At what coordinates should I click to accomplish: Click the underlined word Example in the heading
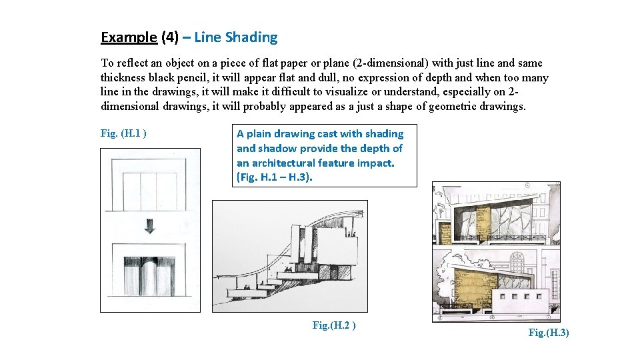pos(129,37)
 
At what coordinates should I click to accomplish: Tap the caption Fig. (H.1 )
pos(123,133)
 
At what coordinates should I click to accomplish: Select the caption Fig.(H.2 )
pos(333,325)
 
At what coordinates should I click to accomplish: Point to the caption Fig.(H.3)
pos(548,333)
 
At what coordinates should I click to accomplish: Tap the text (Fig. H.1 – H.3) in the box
pos(275,178)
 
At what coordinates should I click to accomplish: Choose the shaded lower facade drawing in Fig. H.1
pos(149,272)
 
